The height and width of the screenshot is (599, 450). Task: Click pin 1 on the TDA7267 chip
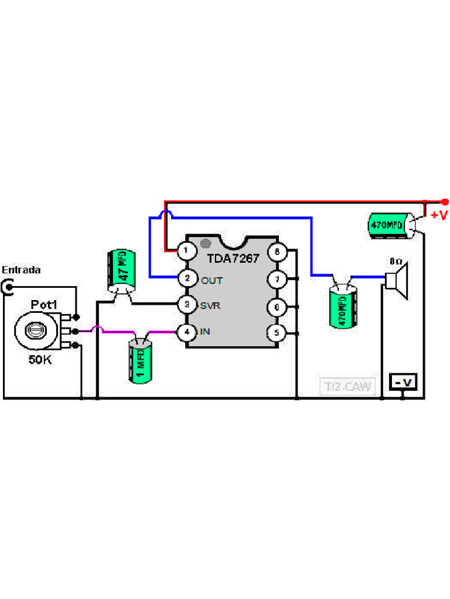click(x=186, y=251)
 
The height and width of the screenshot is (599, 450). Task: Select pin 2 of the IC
click(x=186, y=278)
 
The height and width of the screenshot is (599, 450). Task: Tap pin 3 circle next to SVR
click(x=186, y=305)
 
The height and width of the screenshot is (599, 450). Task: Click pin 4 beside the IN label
click(x=186, y=332)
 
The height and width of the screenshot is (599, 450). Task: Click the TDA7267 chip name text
click(x=233, y=258)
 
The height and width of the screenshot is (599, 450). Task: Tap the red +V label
click(x=439, y=215)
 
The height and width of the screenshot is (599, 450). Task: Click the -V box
click(x=404, y=383)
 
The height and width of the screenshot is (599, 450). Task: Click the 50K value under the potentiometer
click(x=40, y=360)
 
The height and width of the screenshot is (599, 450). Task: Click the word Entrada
click(x=21, y=270)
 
